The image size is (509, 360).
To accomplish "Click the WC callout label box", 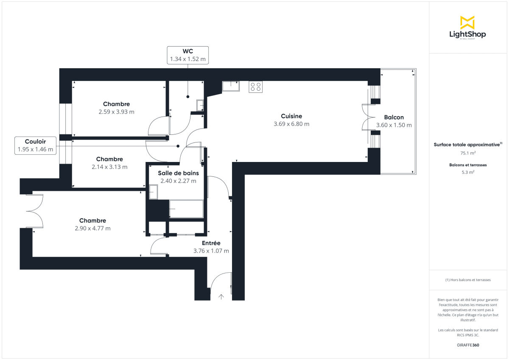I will coord(187,55).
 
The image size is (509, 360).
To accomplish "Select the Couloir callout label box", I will coord(35,145).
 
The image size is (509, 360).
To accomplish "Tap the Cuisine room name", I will coord(291,116).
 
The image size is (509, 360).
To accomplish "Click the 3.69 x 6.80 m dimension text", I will coord(291,124).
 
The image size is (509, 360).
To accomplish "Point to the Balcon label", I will coord(394,117).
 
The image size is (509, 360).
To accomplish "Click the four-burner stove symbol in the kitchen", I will coord(255,87).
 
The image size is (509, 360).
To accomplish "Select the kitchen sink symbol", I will coord(231,86).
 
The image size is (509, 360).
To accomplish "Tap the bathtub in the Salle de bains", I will coord(186,209).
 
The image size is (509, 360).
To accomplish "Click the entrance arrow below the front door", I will coord(221,297).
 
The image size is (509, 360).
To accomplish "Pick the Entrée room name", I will coord(211,243).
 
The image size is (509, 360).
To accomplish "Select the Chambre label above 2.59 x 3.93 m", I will coord(116,104).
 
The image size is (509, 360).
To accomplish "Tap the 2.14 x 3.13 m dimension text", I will coord(109,167).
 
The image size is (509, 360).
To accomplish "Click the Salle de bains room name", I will coord(178,173).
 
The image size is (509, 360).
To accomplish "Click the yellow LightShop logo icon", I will coord(467,22).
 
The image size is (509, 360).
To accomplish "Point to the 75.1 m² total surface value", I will coord(467,153).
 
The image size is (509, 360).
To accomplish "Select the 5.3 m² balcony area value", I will coord(467,173).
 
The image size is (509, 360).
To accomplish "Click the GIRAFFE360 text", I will coord(467,345).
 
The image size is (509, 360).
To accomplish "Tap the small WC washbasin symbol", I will coord(200,105).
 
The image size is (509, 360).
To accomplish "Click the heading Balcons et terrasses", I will coord(467,165).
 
